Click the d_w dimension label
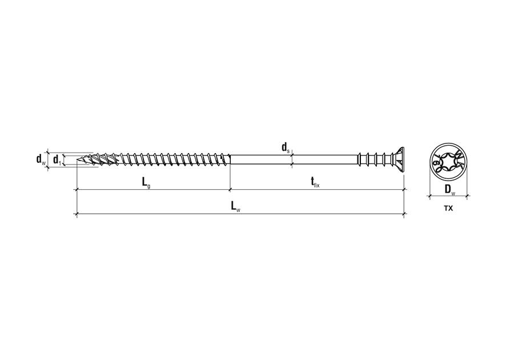click(x=41, y=159)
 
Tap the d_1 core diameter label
click(x=57, y=160)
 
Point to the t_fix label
click(x=315, y=182)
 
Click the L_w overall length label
click(x=235, y=206)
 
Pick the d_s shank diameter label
click(x=286, y=147)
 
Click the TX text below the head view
click(x=448, y=208)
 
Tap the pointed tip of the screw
click(x=77, y=160)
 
